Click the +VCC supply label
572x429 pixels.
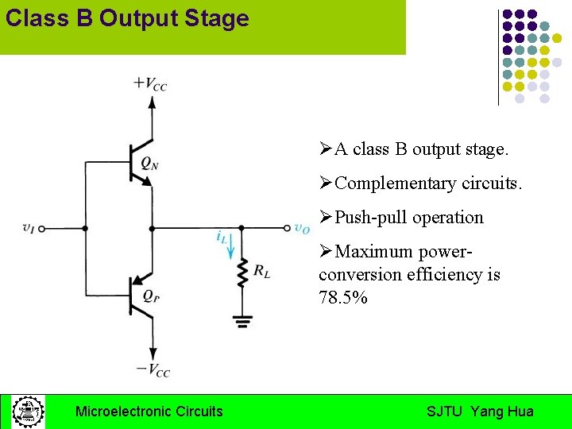[x=150, y=83]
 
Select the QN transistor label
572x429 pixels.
[x=149, y=163]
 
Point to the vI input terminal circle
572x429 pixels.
[x=42, y=228]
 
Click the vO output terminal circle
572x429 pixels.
[x=287, y=228]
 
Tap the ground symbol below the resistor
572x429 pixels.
[x=241, y=322]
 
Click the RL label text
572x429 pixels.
[x=261, y=272]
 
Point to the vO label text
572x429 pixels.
[x=302, y=228]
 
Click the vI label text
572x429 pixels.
[x=28, y=228]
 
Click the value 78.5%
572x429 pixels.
[x=342, y=299]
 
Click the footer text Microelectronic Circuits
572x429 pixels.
[x=149, y=412]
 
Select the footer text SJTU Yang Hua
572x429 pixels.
[x=480, y=412]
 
